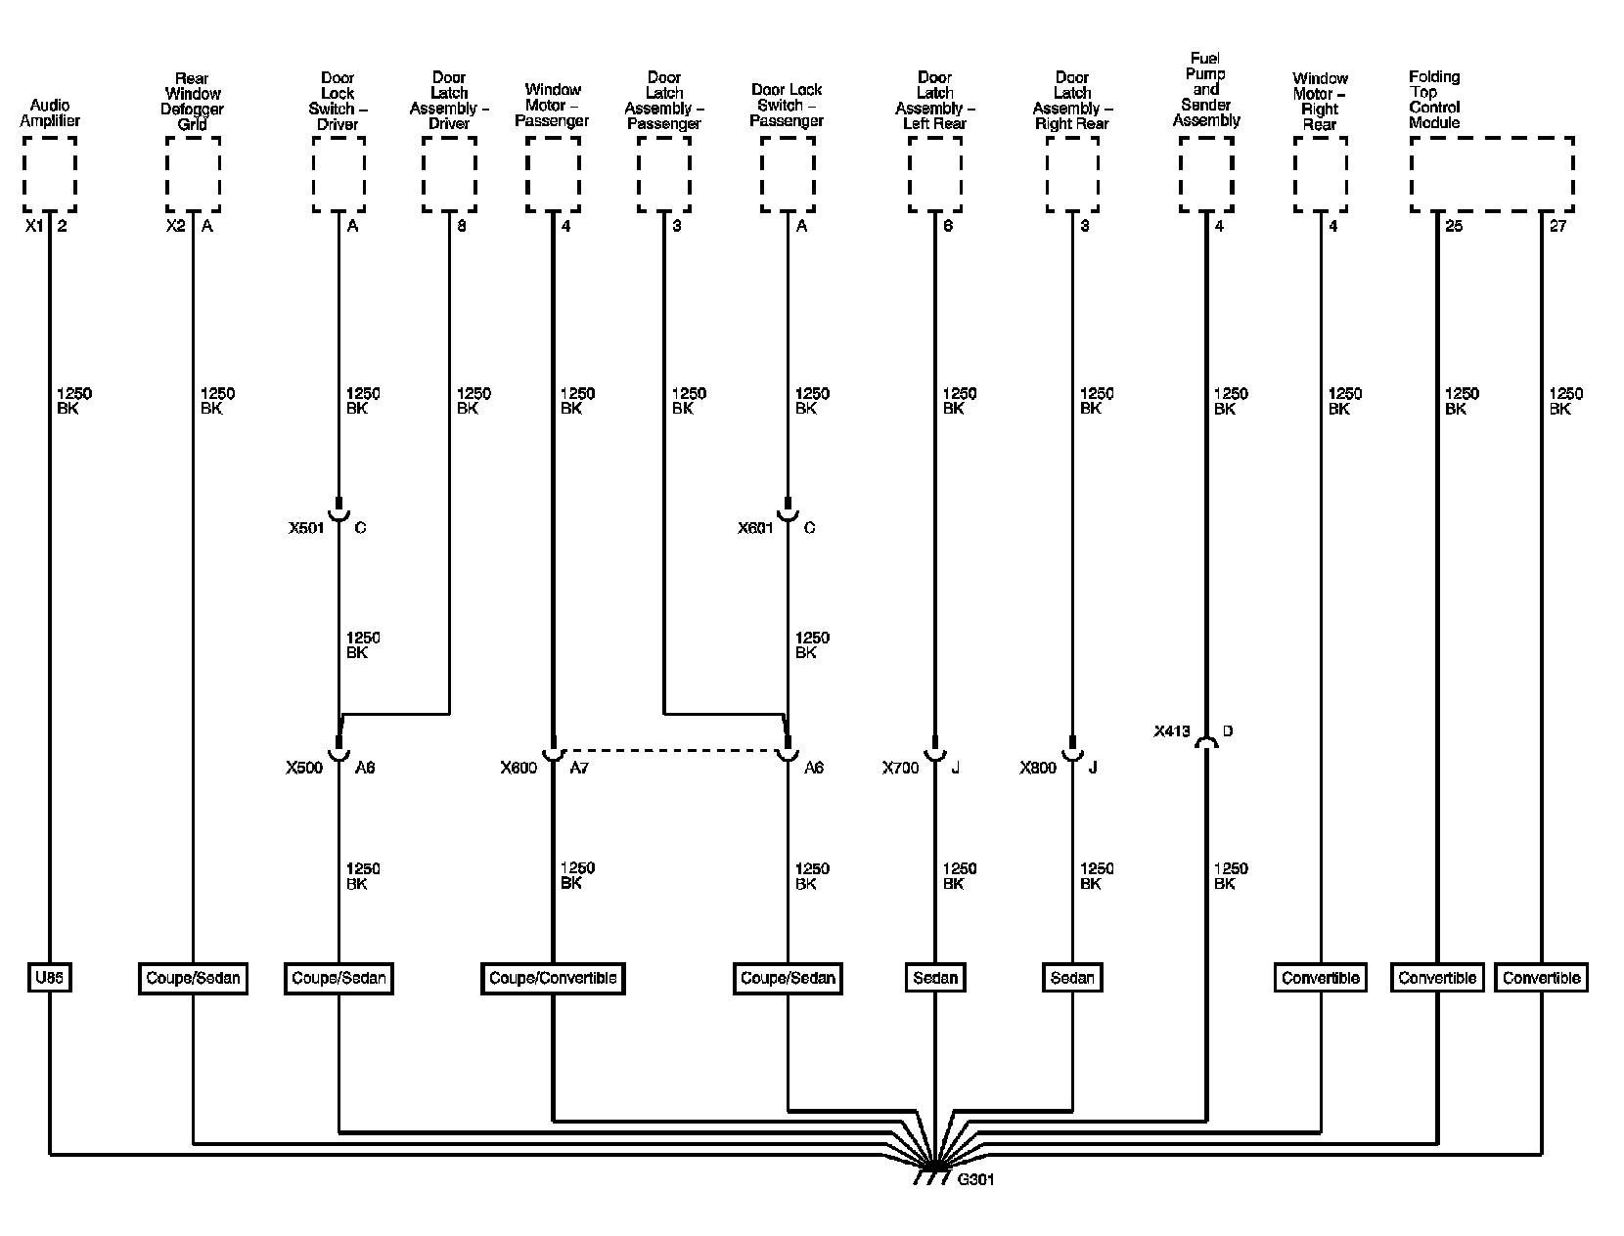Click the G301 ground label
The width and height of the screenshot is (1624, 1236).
975,1179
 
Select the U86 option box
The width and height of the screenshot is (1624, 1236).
49,978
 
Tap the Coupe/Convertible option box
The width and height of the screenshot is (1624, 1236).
553,978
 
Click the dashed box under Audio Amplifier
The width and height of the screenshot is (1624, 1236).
49,174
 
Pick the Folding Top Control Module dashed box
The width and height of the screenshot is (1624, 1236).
1491,174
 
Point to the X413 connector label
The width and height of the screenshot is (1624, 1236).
1171,730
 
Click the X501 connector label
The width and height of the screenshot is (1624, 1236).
305,528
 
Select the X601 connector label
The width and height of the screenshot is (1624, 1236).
755,528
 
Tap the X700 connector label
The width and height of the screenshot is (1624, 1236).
900,768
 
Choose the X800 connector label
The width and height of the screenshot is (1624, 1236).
1038,768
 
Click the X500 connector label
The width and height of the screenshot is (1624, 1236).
304,768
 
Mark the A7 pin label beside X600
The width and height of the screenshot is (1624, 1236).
579,768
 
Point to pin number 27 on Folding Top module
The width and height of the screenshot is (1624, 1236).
1558,226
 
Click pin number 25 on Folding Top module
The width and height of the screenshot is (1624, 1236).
1454,226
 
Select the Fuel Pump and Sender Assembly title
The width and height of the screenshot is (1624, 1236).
1206,90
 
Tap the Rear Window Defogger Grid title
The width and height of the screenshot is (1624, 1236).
193,102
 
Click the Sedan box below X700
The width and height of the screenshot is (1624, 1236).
935,978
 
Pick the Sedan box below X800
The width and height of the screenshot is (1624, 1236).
1072,978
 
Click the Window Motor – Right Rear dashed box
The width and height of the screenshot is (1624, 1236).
1320,174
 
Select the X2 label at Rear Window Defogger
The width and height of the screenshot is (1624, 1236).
176,226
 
